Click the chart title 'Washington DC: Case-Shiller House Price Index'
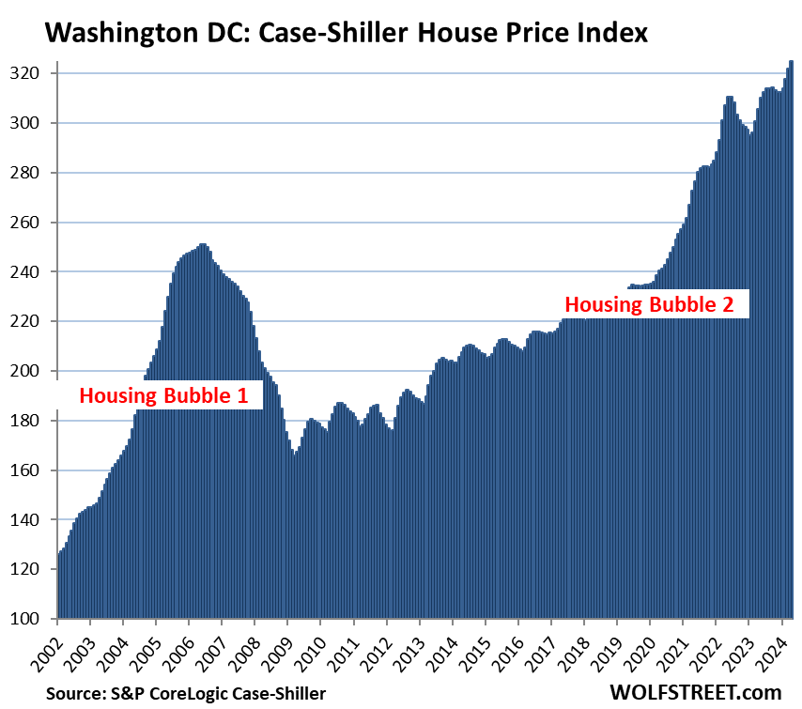(x=346, y=34)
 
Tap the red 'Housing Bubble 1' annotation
(x=163, y=396)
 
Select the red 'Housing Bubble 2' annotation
(x=656, y=304)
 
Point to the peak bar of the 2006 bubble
(x=203, y=423)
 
